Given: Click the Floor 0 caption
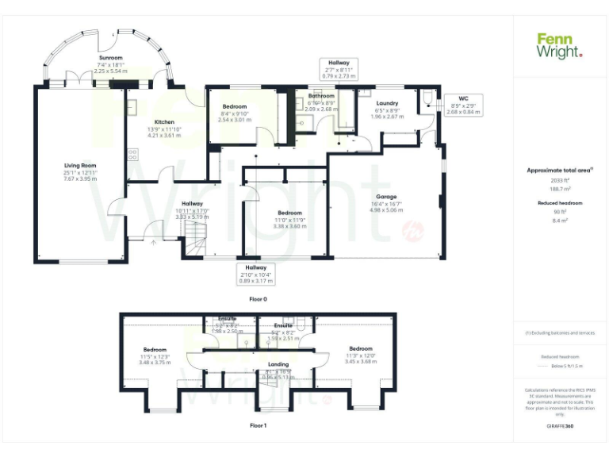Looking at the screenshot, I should pyautogui.click(x=259, y=299).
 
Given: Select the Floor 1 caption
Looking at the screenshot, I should pyautogui.click(x=259, y=426).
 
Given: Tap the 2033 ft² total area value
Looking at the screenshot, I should pyautogui.click(x=560, y=181).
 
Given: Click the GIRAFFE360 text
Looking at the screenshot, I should pyautogui.click(x=560, y=427).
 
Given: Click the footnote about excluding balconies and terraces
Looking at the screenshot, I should pyautogui.click(x=560, y=332).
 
